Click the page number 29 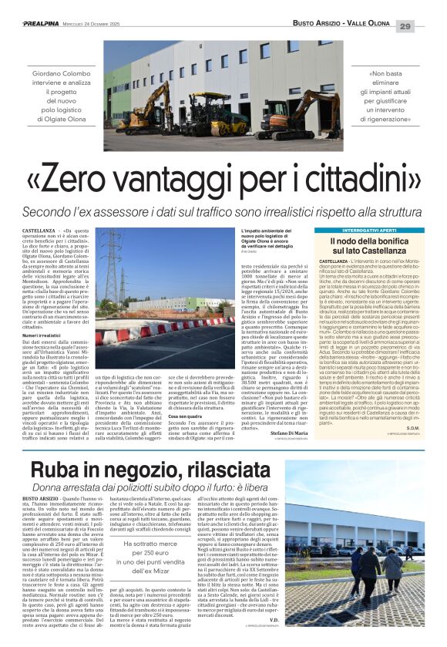pos(427,25)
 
